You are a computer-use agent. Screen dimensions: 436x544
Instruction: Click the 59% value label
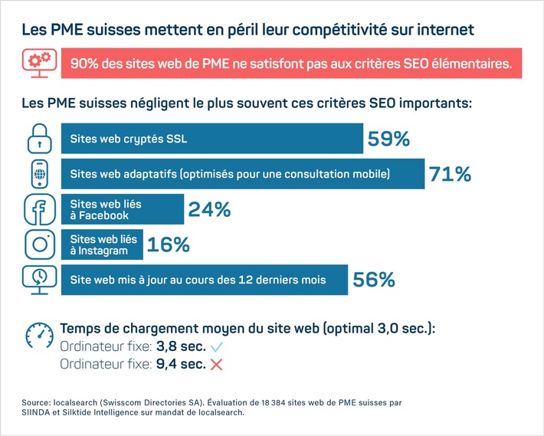(x=388, y=139)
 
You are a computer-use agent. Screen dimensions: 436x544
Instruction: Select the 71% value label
(x=450, y=174)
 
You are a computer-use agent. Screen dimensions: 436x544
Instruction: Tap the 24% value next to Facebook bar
(x=209, y=209)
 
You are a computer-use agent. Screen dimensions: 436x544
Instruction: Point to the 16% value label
(x=168, y=244)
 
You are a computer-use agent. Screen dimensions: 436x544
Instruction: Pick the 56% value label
(x=374, y=280)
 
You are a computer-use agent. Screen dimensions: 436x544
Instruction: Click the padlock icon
(x=39, y=139)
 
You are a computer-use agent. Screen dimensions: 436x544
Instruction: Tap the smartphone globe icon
(x=39, y=174)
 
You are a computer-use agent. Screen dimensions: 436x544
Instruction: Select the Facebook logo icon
(x=39, y=209)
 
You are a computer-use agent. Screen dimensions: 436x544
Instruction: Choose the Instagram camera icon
(x=39, y=244)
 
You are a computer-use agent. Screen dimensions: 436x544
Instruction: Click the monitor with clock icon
(x=39, y=280)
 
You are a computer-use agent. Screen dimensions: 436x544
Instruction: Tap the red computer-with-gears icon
(x=40, y=63)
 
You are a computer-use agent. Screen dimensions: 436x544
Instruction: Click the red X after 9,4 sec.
(x=216, y=365)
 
